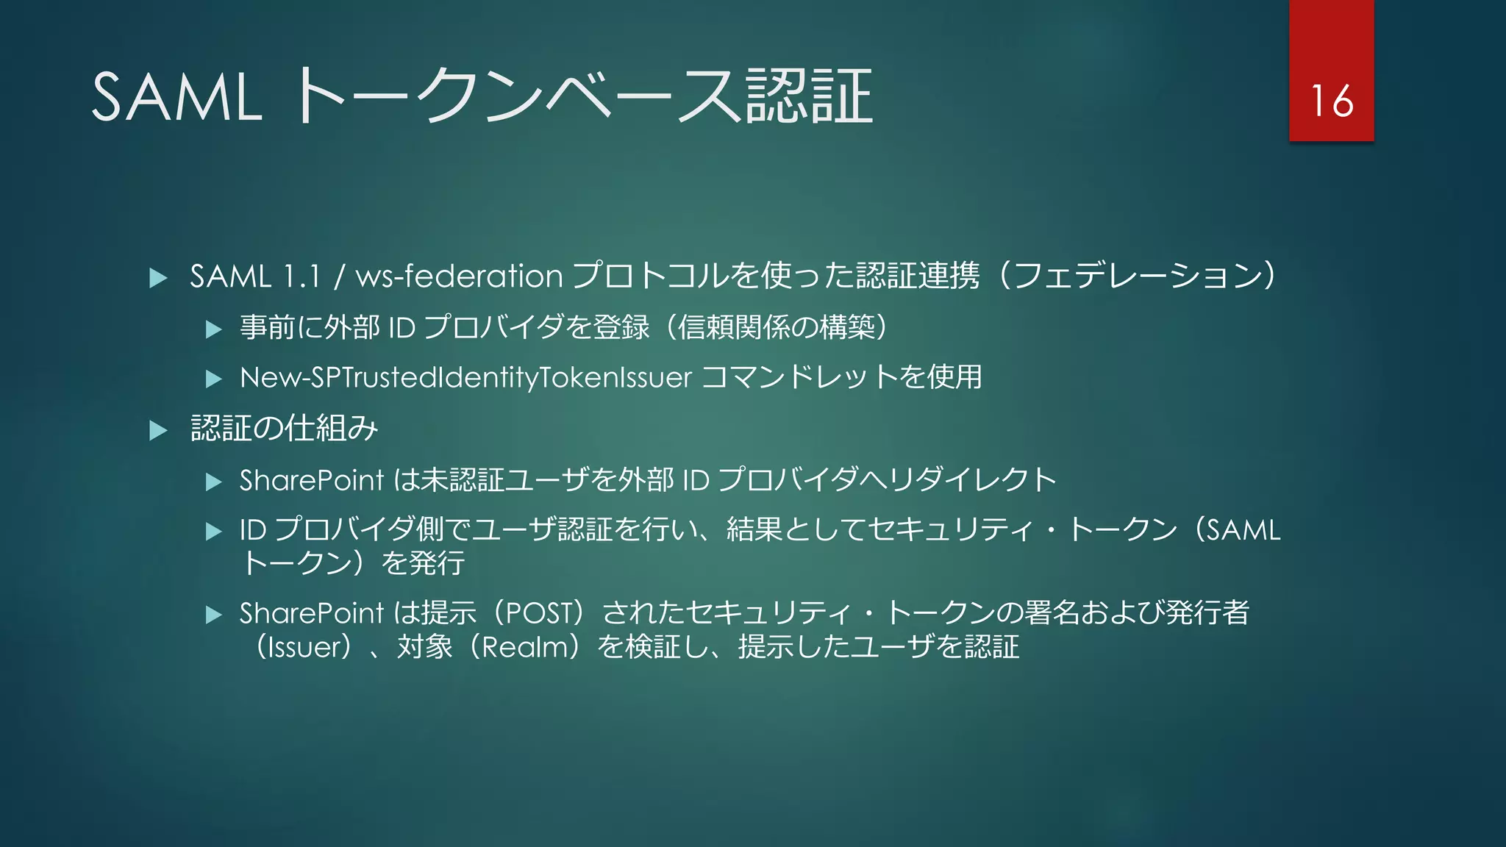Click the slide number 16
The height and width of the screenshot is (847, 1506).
pyautogui.click(x=1332, y=101)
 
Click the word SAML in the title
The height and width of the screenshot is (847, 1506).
pyautogui.click(x=176, y=97)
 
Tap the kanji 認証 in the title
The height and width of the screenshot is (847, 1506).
pyautogui.click(x=809, y=97)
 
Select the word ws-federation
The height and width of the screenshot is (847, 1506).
pyautogui.click(x=459, y=276)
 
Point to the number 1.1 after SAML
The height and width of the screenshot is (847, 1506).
pyautogui.click(x=302, y=276)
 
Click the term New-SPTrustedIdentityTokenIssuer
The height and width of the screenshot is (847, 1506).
pyautogui.click(x=465, y=377)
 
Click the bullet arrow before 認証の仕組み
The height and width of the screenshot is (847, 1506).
pyautogui.click(x=158, y=430)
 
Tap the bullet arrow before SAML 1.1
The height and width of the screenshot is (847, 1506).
pyautogui.click(x=158, y=278)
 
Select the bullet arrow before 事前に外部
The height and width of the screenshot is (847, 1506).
pyautogui.click(x=214, y=329)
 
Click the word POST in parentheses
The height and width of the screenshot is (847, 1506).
pyautogui.click(x=540, y=613)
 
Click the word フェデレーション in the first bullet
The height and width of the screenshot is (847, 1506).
pyautogui.click(x=1137, y=276)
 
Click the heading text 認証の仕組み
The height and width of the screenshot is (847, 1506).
pyautogui.click(x=284, y=429)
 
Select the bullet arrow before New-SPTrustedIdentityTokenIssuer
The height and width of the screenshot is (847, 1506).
pyautogui.click(x=214, y=379)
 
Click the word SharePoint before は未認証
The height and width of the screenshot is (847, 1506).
pyautogui.click(x=312, y=480)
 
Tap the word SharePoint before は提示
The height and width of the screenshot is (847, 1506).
pyautogui.click(x=312, y=613)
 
